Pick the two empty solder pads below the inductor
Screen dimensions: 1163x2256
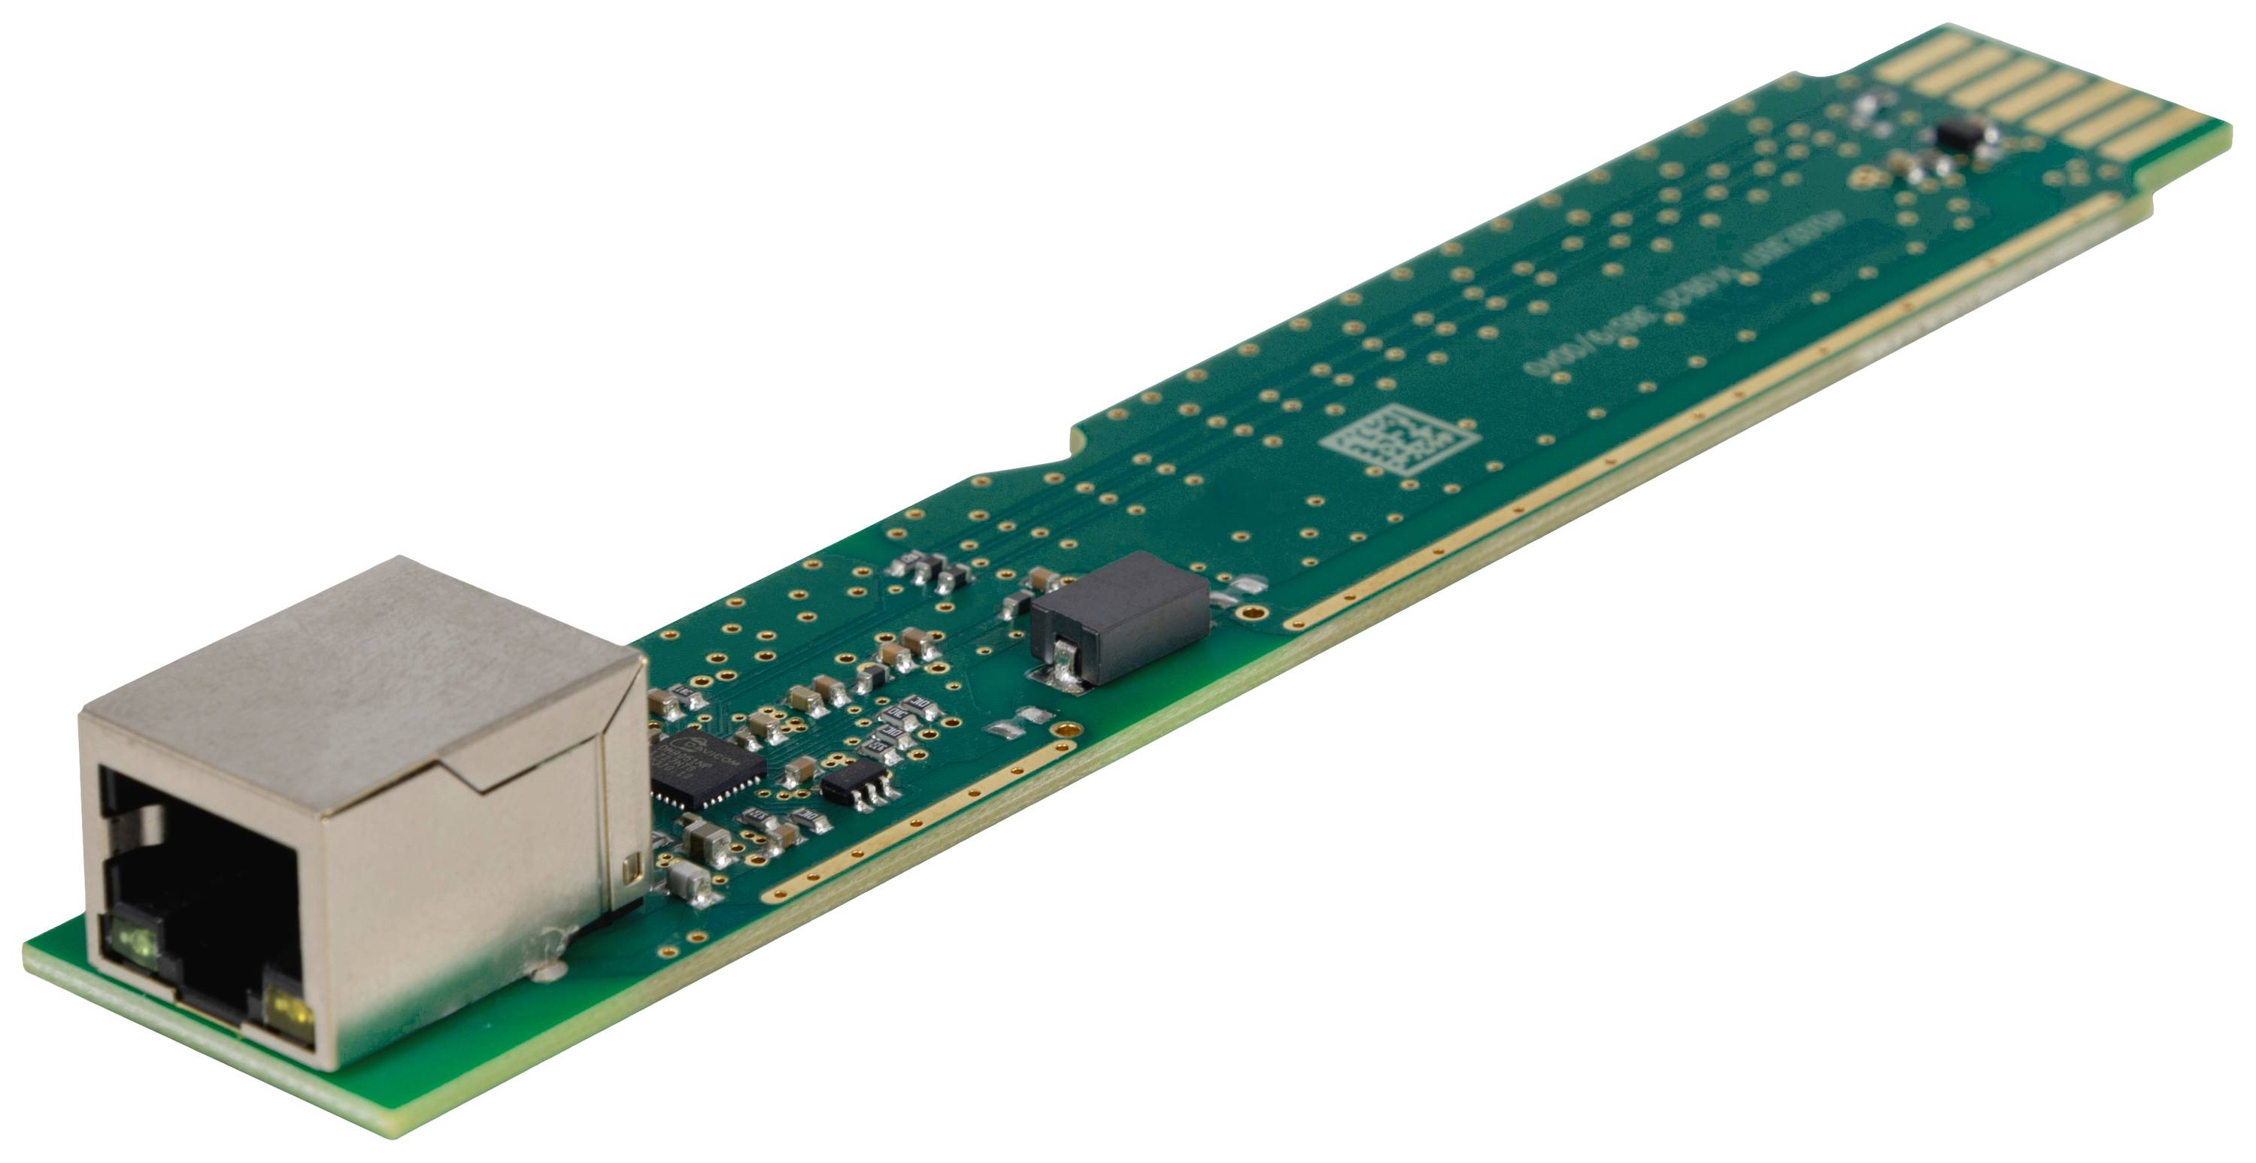pyautogui.click(x=1016, y=721)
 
